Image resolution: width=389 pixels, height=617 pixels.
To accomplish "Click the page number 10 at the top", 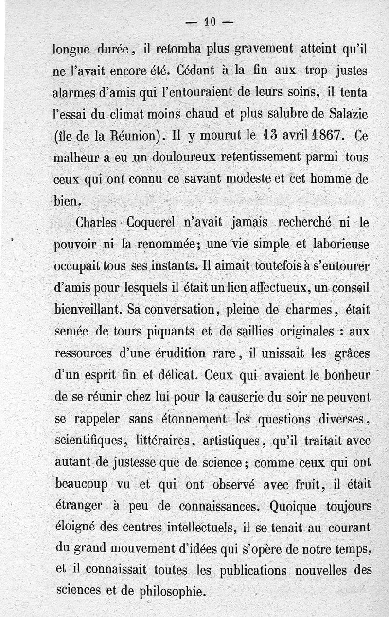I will click(210, 21).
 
